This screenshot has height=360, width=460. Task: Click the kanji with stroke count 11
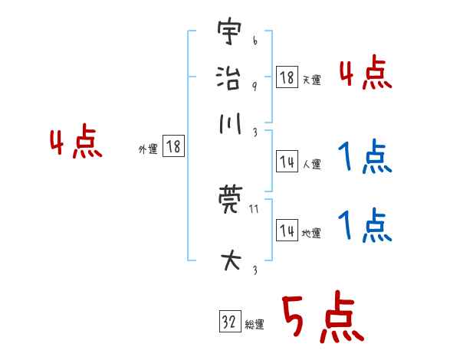[x=229, y=203]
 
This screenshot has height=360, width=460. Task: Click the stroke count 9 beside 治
[x=254, y=87]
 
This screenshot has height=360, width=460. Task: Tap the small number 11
[x=254, y=209]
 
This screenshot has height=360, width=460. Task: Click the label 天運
[x=311, y=79]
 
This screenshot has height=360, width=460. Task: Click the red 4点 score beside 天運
[x=365, y=75]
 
